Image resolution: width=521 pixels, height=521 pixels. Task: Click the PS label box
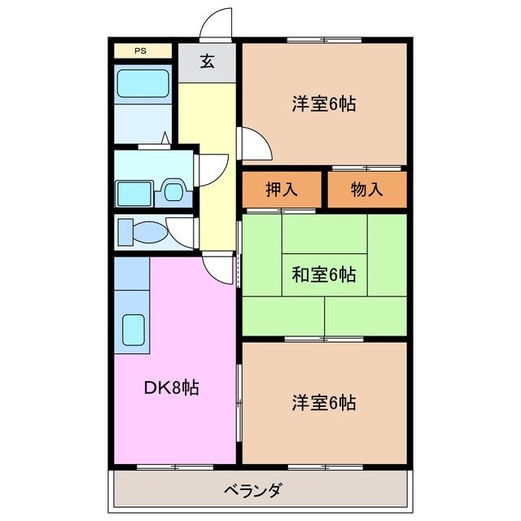[142, 50]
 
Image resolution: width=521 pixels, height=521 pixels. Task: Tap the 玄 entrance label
[208, 62]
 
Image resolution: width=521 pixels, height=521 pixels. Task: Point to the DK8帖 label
[172, 387]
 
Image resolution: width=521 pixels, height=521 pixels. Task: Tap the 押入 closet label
[282, 190]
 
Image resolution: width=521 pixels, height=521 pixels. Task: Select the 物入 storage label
[366, 190]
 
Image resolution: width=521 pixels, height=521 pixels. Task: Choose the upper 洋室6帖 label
[324, 104]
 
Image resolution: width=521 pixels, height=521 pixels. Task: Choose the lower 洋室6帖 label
[324, 402]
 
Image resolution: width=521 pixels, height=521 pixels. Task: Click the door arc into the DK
[218, 266]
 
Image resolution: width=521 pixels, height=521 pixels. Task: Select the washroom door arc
[207, 168]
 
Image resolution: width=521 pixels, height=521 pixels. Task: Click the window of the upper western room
[323, 41]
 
